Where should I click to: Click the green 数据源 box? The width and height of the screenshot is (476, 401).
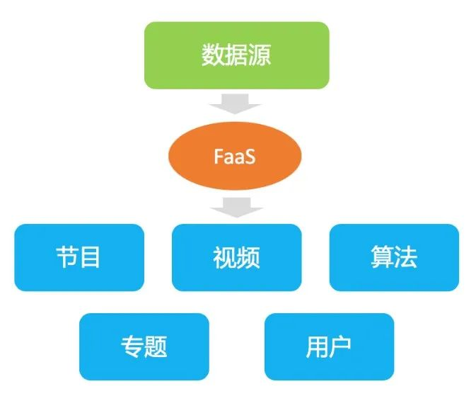click(x=236, y=55)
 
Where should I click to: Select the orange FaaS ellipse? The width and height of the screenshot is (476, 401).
click(x=234, y=156)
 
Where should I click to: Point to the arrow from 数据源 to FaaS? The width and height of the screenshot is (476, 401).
click(x=236, y=106)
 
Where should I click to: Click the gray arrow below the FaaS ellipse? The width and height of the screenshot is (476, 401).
click(x=236, y=206)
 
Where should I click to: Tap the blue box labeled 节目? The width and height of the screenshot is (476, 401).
click(x=79, y=257)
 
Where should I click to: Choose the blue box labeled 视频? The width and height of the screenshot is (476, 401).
click(x=236, y=257)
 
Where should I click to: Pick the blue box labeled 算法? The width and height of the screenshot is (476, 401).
click(x=394, y=257)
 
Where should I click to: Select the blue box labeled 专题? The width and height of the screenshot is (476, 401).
click(x=144, y=346)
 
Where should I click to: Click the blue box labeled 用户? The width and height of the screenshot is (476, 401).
click(x=329, y=346)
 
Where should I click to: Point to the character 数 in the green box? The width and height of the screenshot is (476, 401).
click(x=213, y=56)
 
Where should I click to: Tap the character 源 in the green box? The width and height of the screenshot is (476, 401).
click(x=260, y=56)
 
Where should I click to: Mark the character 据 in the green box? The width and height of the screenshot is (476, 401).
click(x=236, y=56)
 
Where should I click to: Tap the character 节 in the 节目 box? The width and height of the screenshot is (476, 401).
click(x=66, y=257)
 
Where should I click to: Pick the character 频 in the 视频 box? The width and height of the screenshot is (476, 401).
click(x=248, y=257)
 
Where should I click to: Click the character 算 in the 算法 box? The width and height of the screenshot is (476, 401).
click(x=382, y=257)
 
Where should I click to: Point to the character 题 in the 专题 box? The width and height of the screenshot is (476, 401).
click(x=156, y=346)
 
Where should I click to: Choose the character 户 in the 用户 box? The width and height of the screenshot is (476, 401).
click(x=341, y=346)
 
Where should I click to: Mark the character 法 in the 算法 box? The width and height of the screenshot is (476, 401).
click(x=406, y=257)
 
